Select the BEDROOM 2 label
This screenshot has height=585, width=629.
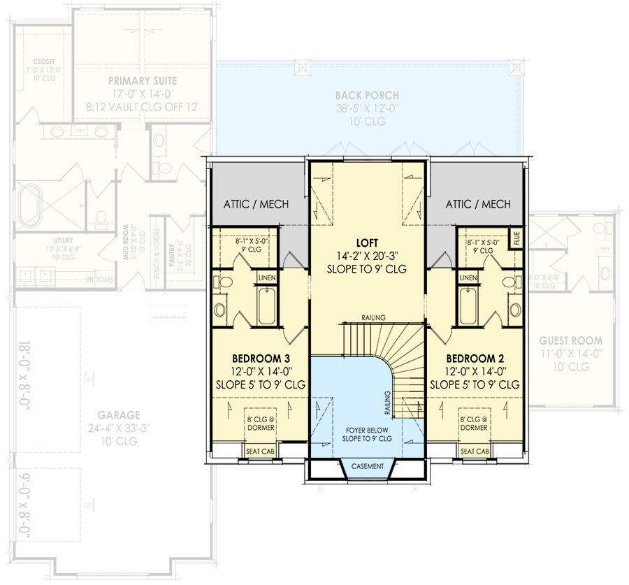click(x=475, y=356)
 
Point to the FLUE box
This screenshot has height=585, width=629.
click(x=516, y=238)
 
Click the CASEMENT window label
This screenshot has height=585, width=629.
click(x=368, y=466)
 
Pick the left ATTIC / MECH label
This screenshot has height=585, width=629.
click(x=256, y=204)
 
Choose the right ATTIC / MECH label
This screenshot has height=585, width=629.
click(x=478, y=204)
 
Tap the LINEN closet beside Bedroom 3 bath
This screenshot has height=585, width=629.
click(x=267, y=278)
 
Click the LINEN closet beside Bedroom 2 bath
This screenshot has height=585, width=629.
click(x=468, y=278)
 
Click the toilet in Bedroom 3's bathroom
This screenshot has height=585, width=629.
click(x=225, y=283)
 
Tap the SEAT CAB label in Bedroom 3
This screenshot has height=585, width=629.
click(x=260, y=452)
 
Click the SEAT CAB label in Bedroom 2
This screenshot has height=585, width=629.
click(x=475, y=452)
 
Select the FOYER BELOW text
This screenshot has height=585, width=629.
click(x=367, y=429)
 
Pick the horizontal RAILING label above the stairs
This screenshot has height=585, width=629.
click(x=373, y=318)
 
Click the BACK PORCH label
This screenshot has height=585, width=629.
click(x=367, y=95)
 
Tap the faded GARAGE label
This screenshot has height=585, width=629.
click(x=119, y=414)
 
